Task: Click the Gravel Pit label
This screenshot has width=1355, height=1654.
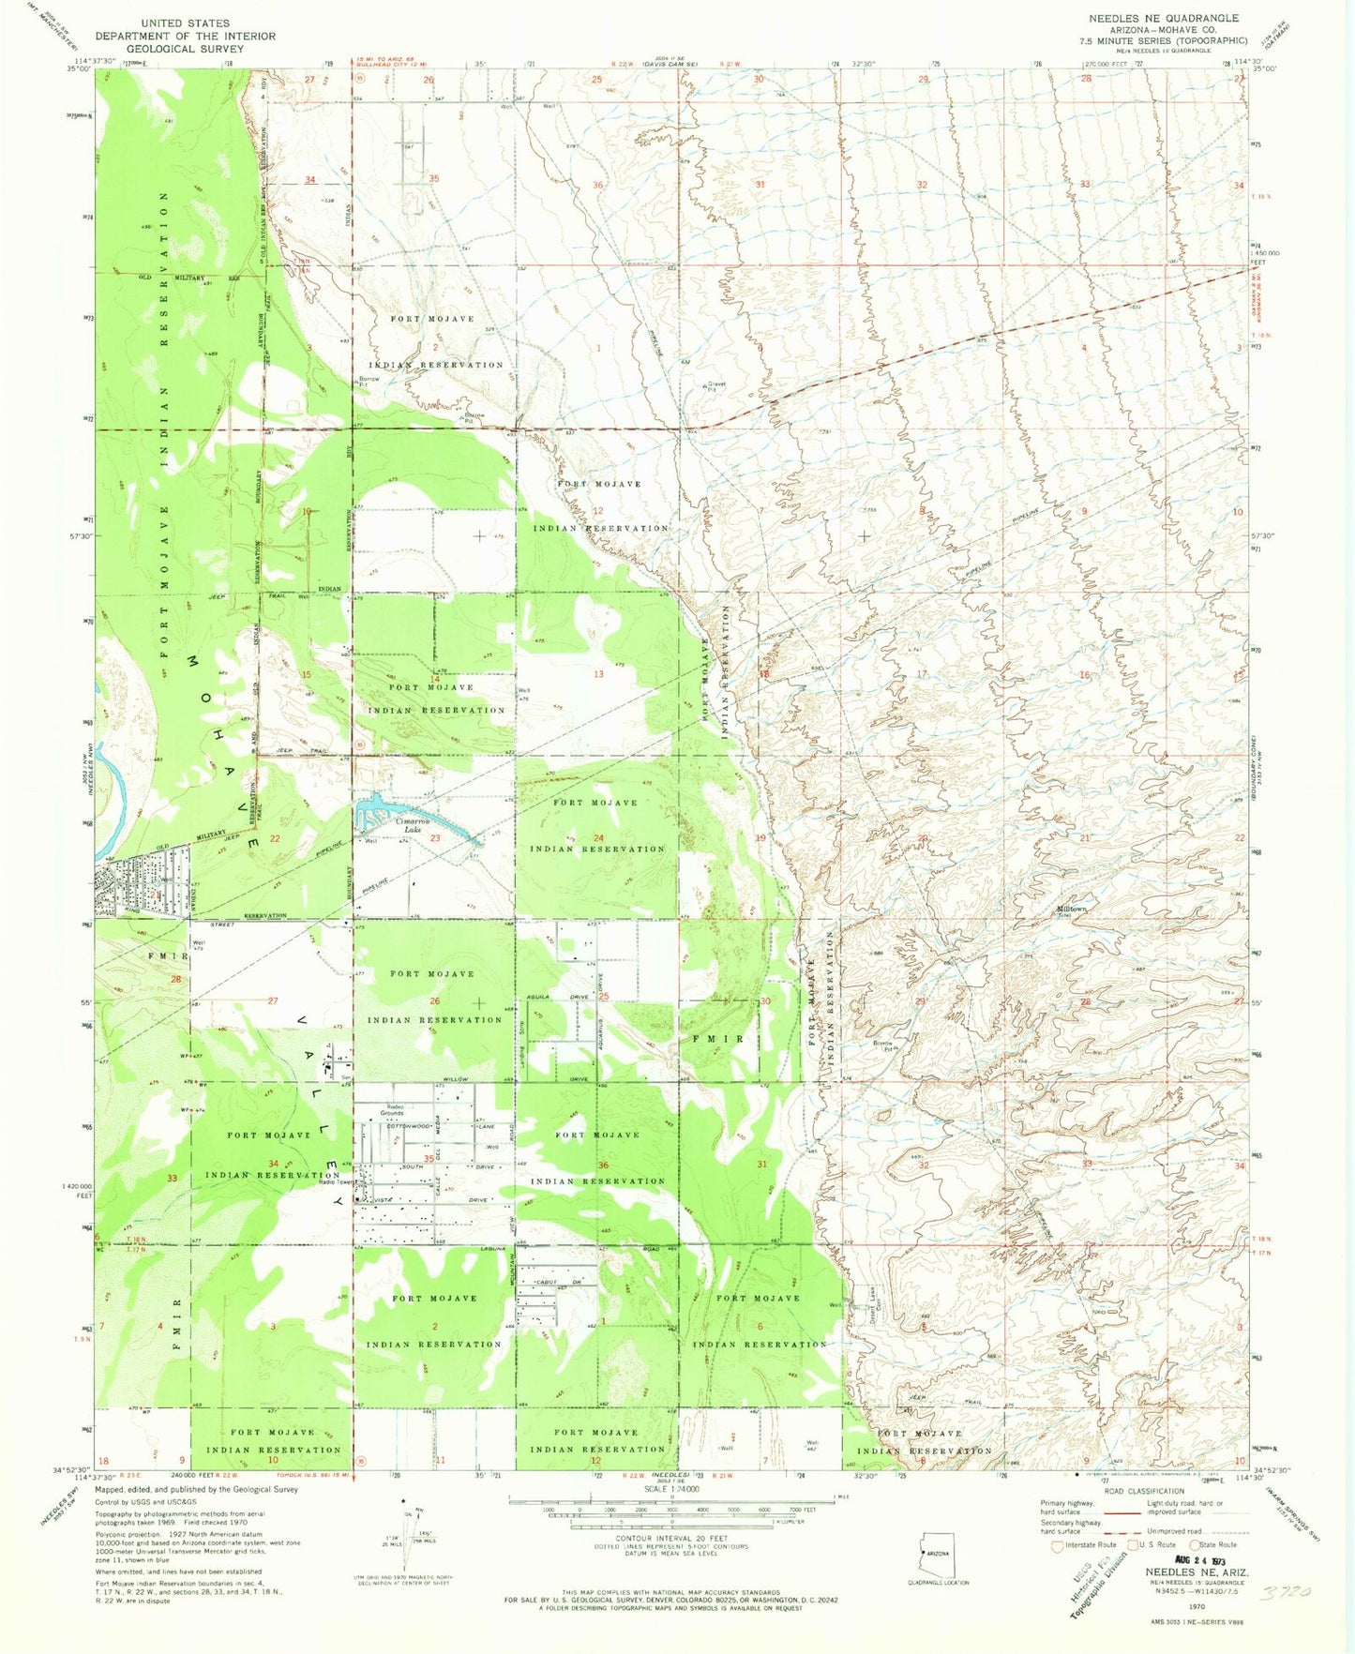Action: [x=716, y=386]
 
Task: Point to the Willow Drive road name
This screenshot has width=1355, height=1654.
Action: [x=457, y=1080]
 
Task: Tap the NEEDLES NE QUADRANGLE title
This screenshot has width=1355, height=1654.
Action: [x=1163, y=18]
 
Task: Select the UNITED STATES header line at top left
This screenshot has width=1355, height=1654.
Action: [x=186, y=23]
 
